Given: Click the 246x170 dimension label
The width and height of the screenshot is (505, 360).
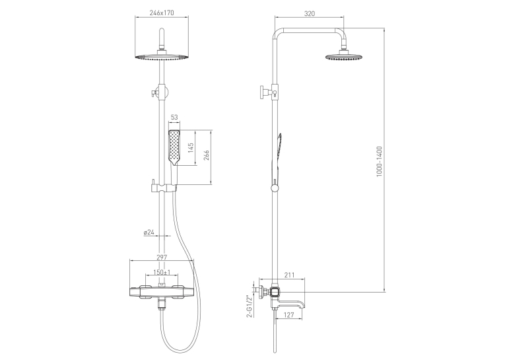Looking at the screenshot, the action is pyautogui.click(x=162, y=13).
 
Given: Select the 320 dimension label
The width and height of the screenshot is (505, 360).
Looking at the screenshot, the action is pyautogui.click(x=309, y=13).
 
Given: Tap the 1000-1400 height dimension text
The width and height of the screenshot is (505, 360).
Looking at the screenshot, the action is pyautogui.click(x=379, y=161).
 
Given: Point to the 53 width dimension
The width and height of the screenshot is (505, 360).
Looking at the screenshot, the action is pyautogui.click(x=174, y=118).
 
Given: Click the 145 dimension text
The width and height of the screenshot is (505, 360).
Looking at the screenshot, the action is pyautogui.click(x=191, y=148).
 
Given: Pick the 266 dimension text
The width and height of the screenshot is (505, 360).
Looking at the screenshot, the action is pyautogui.click(x=206, y=155).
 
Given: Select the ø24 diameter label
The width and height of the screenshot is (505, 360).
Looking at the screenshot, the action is pyautogui.click(x=149, y=232).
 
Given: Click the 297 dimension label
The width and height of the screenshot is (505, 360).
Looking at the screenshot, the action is pyautogui.click(x=162, y=257).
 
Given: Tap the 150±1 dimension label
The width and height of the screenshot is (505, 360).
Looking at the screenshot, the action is pyautogui.click(x=162, y=272).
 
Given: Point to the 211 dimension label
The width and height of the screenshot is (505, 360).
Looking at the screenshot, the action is pyautogui.click(x=290, y=275).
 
